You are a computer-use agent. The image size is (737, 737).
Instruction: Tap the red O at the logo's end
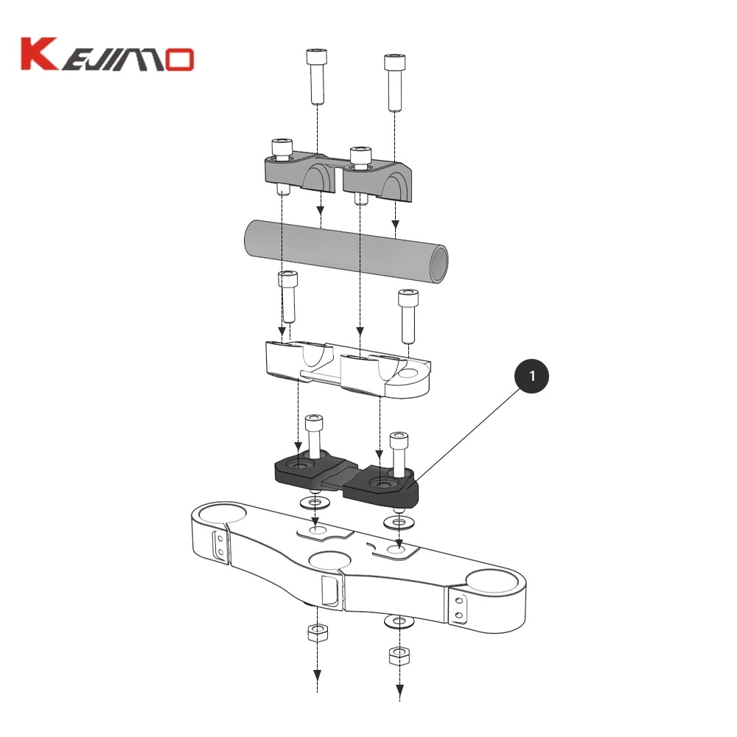[x=179, y=60]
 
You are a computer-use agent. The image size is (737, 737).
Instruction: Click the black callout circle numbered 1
[x=531, y=376]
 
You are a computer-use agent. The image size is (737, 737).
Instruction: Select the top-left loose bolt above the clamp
[x=316, y=77]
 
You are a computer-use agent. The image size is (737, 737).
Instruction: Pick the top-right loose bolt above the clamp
[x=395, y=83]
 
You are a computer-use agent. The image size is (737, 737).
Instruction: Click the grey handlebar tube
[x=346, y=251]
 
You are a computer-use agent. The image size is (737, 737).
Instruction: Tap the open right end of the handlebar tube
[x=439, y=265]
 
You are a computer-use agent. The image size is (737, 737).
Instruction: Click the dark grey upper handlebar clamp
[x=338, y=175]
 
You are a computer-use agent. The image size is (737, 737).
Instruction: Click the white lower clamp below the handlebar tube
[x=348, y=369]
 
